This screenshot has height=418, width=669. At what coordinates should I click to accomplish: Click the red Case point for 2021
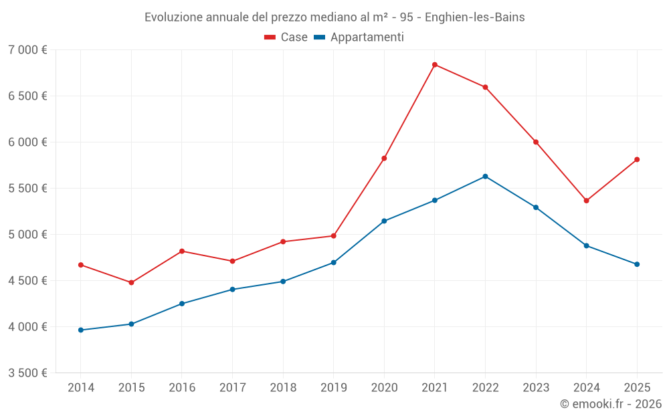(435, 65)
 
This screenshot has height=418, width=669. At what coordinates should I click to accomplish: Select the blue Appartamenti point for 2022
(485, 177)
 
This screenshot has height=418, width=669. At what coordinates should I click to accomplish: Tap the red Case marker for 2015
(131, 282)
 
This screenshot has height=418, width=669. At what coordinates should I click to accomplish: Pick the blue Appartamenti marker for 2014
(81, 330)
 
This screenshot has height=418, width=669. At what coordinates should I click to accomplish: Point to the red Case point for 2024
(586, 201)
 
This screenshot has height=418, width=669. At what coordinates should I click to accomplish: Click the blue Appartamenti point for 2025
(637, 264)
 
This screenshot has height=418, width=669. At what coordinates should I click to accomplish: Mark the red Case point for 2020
(384, 159)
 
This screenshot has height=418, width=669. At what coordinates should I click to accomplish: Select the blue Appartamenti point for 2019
(334, 262)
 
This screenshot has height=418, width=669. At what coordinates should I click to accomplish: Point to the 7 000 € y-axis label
(27, 50)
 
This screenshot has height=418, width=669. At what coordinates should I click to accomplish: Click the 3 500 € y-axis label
(27, 373)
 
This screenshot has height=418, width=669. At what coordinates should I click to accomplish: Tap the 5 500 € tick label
(27, 189)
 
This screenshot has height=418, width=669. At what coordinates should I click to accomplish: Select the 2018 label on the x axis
(283, 388)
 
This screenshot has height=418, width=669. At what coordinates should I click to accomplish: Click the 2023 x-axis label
(536, 388)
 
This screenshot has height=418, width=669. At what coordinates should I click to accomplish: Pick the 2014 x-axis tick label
(81, 388)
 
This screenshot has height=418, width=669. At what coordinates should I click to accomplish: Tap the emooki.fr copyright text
(610, 404)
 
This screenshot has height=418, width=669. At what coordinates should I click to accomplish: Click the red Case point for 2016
(182, 251)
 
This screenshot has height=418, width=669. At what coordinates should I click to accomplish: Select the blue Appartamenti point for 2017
(232, 290)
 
